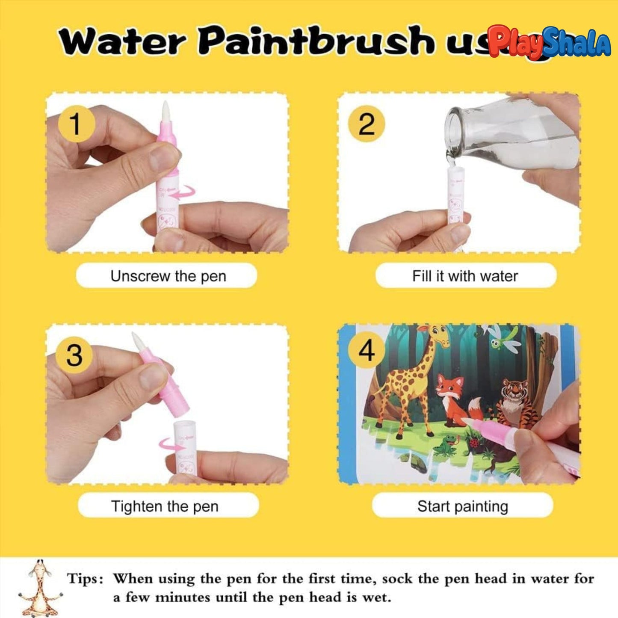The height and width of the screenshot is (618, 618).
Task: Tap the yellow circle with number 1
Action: [75, 124]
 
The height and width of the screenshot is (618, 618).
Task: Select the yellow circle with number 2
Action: [366, 124]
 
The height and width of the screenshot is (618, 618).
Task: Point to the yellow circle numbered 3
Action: [74, 355]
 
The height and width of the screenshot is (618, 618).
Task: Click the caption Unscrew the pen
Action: [168, 276]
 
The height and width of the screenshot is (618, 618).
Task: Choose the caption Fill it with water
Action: [465, 276]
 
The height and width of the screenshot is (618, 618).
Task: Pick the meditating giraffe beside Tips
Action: [39, 588]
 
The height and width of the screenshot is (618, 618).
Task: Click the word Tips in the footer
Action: [85, 579]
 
